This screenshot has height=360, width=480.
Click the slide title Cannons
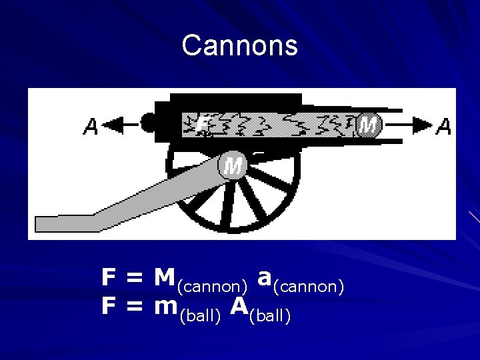tap(239, 46)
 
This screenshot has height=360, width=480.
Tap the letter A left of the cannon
tap(91, 126)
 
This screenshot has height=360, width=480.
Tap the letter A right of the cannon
tap(443, 125)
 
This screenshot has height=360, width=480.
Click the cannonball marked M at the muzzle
tap(368, 124)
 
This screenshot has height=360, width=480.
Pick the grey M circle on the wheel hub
tap(233, 165)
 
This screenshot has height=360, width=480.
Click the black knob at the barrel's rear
tap(149, 123)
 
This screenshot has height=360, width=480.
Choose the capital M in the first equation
tap(164, 277)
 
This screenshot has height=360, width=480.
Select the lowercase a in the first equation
tap(264, 277)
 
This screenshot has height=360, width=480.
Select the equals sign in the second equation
tap(135, 307)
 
